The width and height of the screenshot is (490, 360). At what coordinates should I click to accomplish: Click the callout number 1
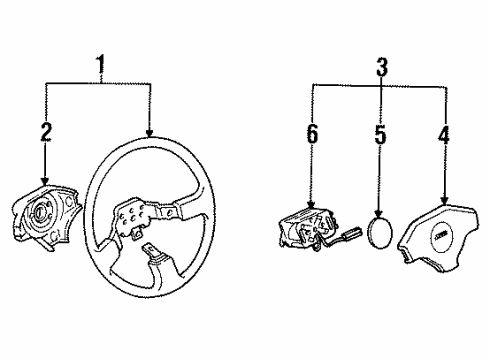(100, 65)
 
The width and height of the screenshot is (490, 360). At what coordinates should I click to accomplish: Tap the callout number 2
(46, 132)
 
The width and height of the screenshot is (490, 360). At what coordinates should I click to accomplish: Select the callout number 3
(382, 67)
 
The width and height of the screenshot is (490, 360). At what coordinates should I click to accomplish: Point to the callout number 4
(444, 135)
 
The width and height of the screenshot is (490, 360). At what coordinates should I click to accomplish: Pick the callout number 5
(380, 135)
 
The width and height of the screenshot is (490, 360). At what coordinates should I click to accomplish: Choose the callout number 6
(312, 134)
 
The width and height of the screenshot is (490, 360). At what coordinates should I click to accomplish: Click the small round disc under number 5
(380, 233)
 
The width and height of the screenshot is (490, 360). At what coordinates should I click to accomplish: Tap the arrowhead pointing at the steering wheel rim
(149, 133)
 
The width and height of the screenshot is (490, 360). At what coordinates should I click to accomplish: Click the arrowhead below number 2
(45, 181)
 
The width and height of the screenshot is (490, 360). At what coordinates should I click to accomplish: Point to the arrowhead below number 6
(311, 205)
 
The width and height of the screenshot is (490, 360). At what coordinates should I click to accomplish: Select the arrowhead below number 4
(444, 199)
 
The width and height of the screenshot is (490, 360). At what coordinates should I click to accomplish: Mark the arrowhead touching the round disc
(379, 213)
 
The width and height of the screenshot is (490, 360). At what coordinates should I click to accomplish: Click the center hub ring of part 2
(39, 212)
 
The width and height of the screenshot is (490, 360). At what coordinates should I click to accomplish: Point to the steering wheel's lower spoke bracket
(152, 252)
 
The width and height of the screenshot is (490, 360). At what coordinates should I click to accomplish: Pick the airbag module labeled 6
(307, 229)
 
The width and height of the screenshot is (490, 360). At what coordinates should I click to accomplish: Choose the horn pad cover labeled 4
(438, 235)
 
